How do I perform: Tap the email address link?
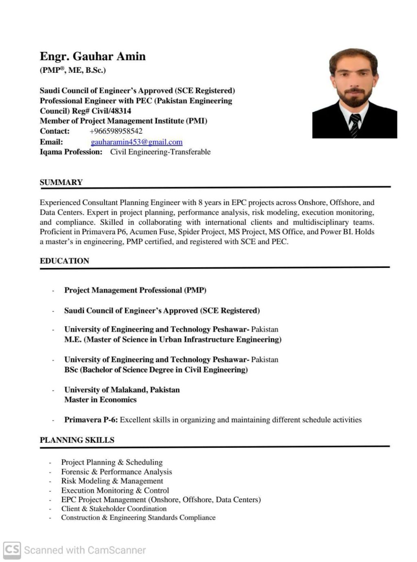[136, 142]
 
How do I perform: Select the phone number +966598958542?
[116, 131]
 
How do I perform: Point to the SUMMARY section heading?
[61, 182]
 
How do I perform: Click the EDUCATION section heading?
[64, 261]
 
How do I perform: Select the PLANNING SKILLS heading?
[77, 440]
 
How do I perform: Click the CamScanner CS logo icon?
[12, 550]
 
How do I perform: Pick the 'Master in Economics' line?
[100, 399]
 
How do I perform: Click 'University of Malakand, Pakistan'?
[122, 390]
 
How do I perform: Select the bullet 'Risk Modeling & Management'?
[112, 481]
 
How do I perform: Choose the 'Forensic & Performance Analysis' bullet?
[116, 472]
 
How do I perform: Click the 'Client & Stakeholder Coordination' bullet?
[114, 508]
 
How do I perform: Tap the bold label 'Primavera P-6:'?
[91, 420]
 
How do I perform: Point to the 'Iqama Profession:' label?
[71, 152]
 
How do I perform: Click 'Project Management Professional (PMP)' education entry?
[135, 290]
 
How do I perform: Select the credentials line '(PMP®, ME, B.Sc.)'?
[73, 70]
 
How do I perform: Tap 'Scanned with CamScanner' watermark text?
[85, 550]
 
